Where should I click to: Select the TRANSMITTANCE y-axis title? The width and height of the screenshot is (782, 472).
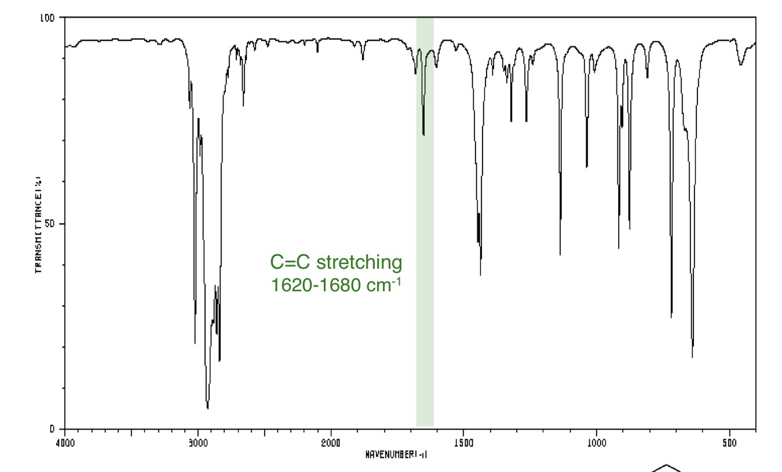pyautogui.click(x=38, y=224)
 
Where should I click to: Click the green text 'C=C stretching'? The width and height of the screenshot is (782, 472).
pyautogui.click(x=336, y=262)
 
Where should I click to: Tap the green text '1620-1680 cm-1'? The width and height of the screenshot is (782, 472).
pyautogui.click(x=336, y=284)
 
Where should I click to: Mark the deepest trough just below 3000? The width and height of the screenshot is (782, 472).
pyautogui.click(x=207, y=408)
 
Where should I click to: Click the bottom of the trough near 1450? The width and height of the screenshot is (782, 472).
pyautogui.click(x=481, y=274)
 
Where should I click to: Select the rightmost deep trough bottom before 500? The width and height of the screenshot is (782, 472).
pyautogui.click(x=692, y=356)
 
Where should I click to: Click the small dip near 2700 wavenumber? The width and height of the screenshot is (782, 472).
pyautogui.click(x=243, y=105)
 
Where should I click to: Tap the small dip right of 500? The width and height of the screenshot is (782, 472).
pyautogui.click(x=740, y=64)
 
